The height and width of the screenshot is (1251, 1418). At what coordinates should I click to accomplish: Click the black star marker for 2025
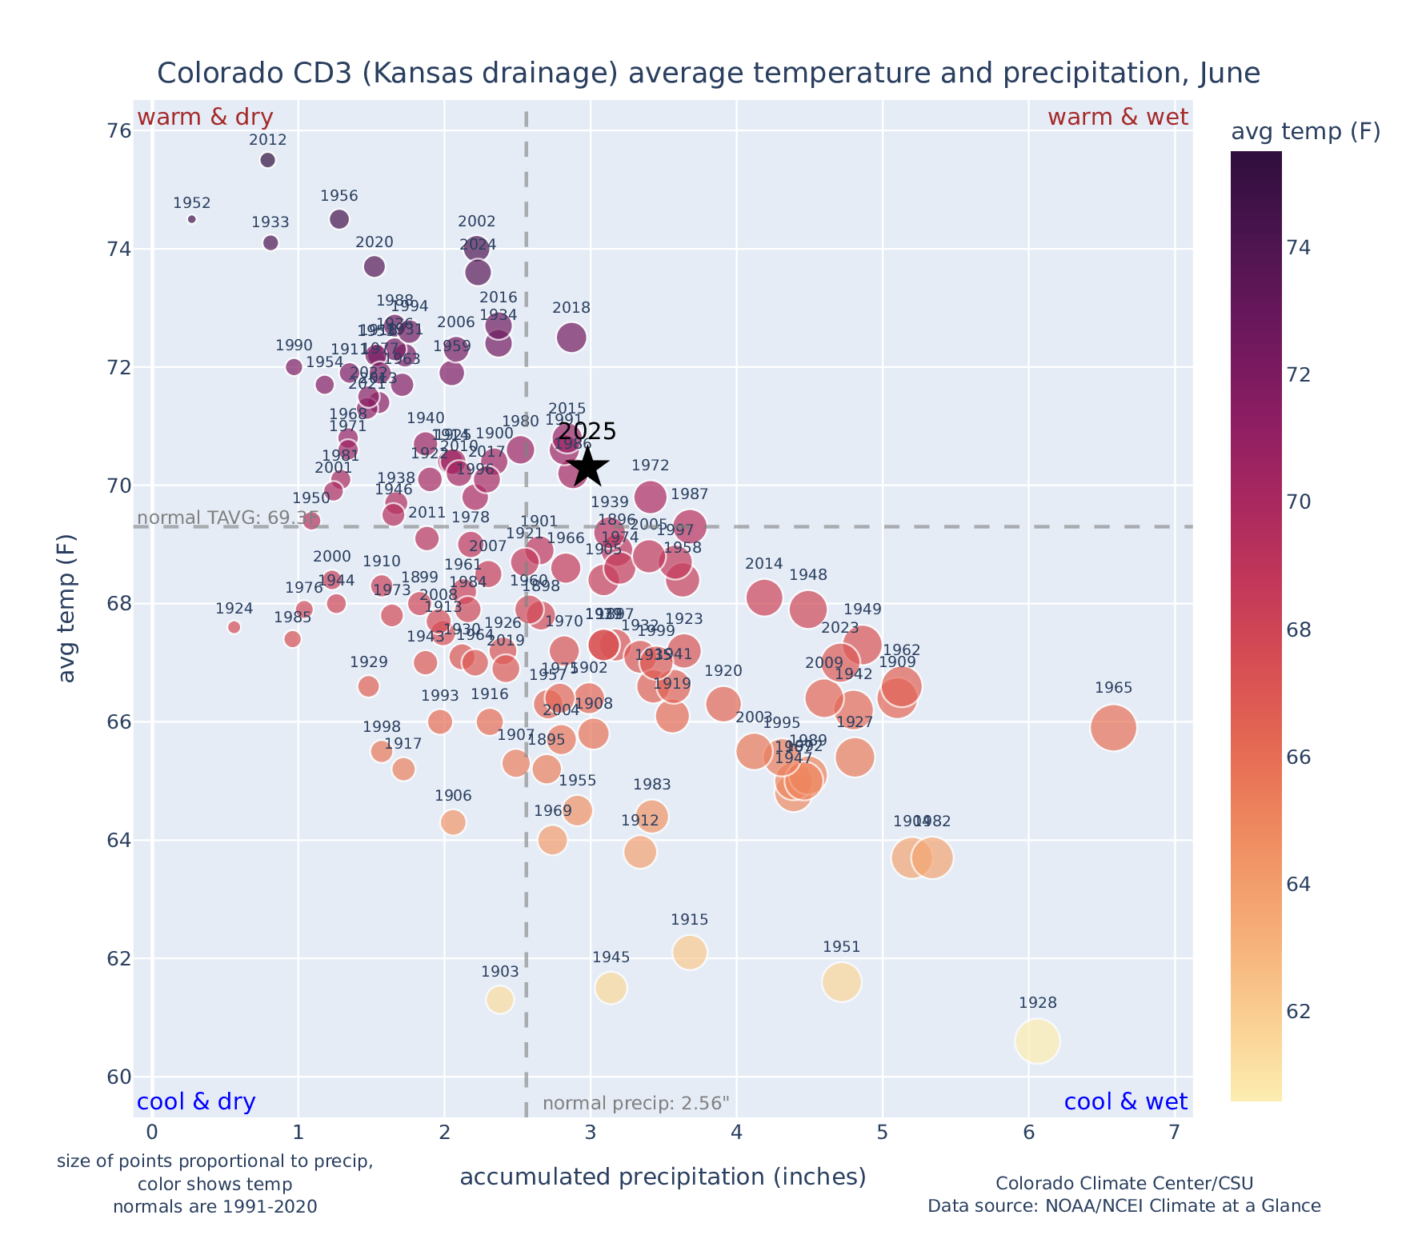tap(587, 467)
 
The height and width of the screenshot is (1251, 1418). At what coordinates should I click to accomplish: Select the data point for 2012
tap(268, 160)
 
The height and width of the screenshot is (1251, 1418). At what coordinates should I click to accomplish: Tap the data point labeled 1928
tap(1037, 1041)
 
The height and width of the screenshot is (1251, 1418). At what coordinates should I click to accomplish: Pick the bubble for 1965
tap(1113, 728)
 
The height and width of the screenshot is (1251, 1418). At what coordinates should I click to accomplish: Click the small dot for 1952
tap(191, 219)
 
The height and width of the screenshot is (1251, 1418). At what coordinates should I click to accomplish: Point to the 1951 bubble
tap(841, 981)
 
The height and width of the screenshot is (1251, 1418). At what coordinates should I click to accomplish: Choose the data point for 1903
tap(500, 1000)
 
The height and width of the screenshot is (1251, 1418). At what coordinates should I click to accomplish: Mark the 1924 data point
tap(234, 627)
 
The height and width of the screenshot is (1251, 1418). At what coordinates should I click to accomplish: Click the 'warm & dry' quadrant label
tap(205, 118)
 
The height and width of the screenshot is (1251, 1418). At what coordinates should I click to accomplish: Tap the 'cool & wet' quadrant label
tap(1125, 1102)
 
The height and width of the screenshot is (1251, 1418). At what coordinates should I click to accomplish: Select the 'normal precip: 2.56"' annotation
tap(636, 1104)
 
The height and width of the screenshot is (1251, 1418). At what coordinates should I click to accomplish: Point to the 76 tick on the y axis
tap(119, 130)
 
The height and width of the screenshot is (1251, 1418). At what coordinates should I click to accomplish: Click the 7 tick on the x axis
tap(1174, 1133)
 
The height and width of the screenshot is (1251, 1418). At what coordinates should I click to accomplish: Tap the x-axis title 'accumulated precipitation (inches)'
tap(663, 1177)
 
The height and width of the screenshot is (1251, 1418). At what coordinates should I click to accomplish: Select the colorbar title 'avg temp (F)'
tap(1305, 132)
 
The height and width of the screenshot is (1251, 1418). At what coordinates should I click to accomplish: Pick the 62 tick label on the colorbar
tap(1299, 1012)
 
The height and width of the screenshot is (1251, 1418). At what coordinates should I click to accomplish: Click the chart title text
tap(708, 74)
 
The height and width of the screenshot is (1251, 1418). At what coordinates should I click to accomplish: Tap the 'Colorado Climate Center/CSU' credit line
tap(1124, 1183)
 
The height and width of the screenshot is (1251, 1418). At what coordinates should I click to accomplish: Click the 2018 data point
tap(571, 338)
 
